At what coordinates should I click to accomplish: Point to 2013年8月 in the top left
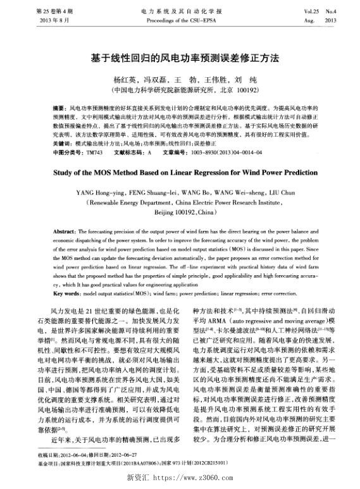tap(36, 20)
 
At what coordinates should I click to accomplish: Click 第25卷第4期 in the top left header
tap(37, 11)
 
